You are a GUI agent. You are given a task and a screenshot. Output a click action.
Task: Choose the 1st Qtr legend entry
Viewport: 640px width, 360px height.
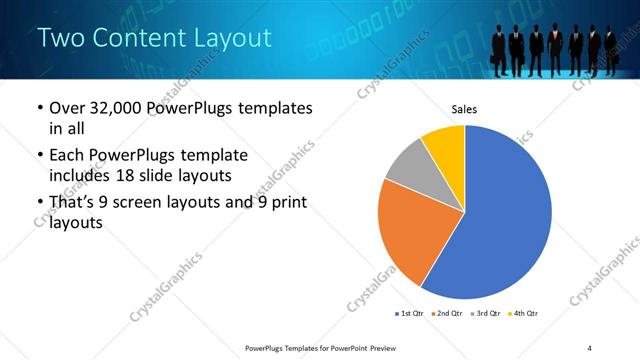pyautogui.click(x=411, y=314)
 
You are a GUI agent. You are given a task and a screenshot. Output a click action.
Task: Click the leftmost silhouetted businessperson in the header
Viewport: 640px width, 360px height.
pyautogui.click(x=499, y=50)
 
